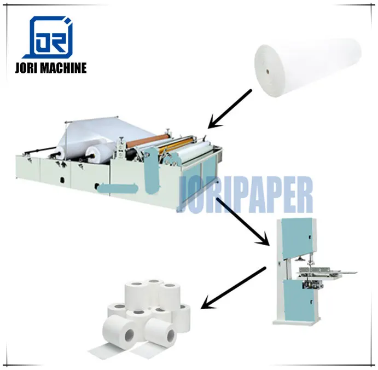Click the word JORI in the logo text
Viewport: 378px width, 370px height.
tap(30, 68)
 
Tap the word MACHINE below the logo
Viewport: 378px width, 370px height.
tap(65, 68)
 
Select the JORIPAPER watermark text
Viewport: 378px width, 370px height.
tap(246, 195)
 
